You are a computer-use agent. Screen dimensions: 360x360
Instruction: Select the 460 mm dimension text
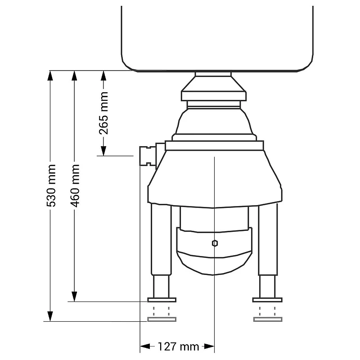(x=75, y=185)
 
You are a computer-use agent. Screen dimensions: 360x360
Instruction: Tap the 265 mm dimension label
(x=104, y=113)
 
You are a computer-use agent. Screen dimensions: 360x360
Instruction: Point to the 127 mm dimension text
(x=178, y=346)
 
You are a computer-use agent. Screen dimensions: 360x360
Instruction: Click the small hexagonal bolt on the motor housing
(x=215, y=243)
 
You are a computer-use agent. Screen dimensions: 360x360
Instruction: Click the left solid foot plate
(x=162, y=300)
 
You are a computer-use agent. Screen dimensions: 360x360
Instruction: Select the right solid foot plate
(x=267, y=300)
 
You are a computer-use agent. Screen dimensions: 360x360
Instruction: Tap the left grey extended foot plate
(x=162, y=319)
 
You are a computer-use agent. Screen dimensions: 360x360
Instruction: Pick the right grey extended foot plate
(x=268, y=319)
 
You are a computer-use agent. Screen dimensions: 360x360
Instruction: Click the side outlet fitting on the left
(x=148, y=156)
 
